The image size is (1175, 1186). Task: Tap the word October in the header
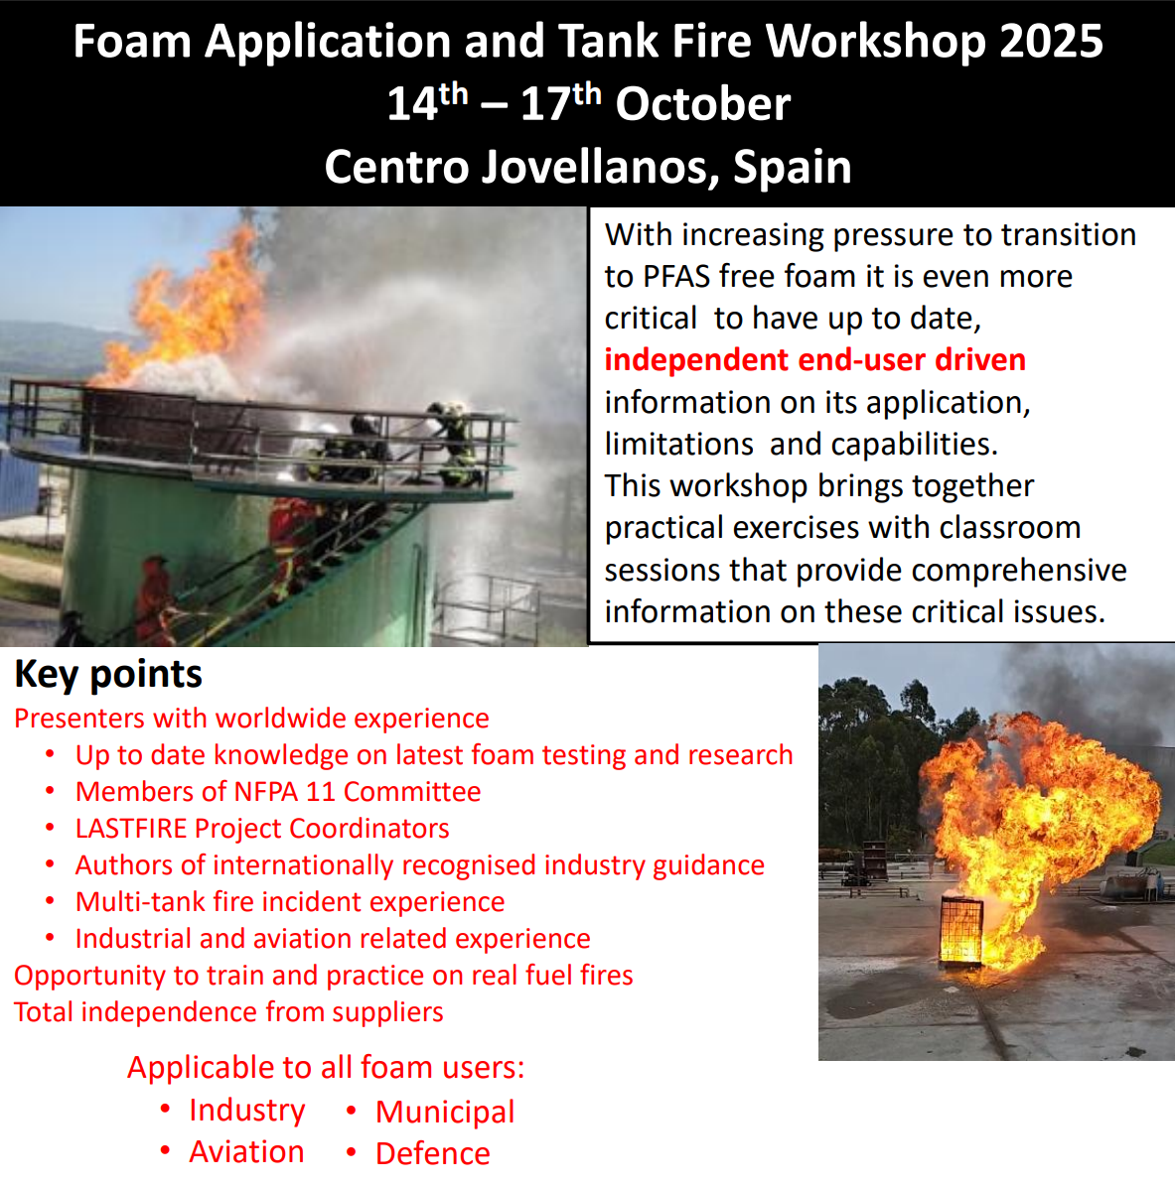click(703, 104)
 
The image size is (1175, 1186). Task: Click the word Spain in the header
click(793, 167)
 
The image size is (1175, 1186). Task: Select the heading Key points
click(108, 674)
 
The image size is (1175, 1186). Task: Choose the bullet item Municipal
click(445, 1112)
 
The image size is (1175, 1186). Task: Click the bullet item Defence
click(432, 1153)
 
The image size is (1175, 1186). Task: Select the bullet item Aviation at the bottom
click(246, 1152)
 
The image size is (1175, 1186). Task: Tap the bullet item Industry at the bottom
click(247, 1111)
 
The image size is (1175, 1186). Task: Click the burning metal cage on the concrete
click(961, 929)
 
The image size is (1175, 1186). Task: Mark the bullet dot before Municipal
click(352, 1111)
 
